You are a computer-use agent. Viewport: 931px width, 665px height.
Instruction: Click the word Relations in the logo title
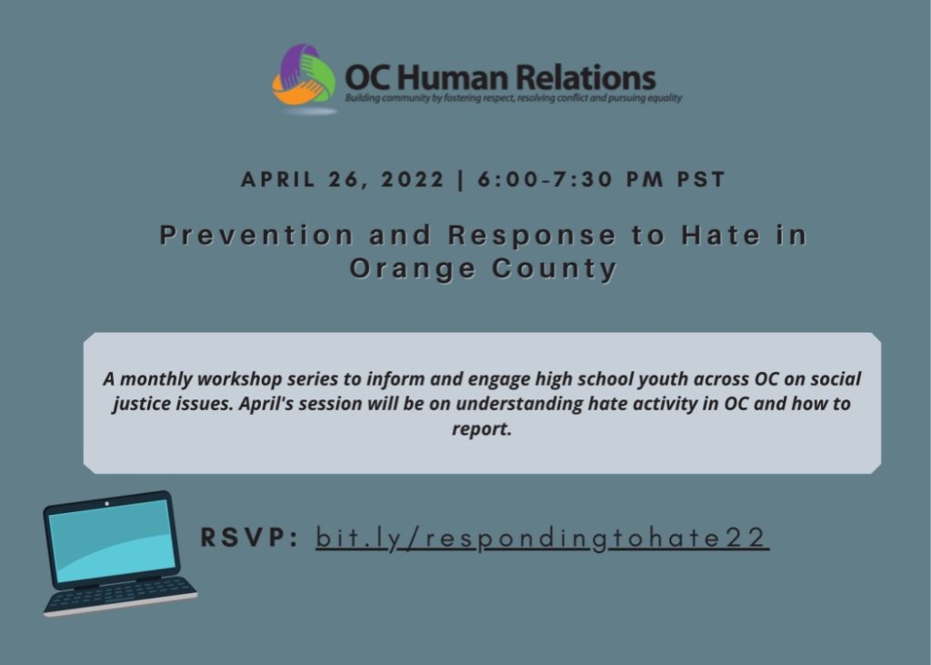[x=585, y=78]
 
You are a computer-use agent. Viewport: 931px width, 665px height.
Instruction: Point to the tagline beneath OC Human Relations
[x=514, y=98]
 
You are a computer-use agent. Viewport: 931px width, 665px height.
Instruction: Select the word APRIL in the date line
[x=278, y=179]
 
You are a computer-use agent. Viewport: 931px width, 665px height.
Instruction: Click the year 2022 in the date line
[x=413, y=179]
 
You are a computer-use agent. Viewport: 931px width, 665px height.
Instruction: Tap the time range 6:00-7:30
[x=545, y=179]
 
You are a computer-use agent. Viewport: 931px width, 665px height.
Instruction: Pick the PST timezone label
[x=701, y=179]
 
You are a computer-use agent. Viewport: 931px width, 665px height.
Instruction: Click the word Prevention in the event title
[x=256, y=236]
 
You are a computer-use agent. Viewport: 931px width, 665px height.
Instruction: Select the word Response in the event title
[x=532, y=236]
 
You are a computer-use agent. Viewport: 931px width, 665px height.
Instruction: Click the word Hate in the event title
[x=721, y=236]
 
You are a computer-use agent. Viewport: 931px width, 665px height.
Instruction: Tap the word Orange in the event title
[x=413, y=269]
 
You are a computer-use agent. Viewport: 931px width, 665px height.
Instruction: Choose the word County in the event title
[x=555, y=269]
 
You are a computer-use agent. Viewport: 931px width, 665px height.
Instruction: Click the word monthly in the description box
[x=156, y=379]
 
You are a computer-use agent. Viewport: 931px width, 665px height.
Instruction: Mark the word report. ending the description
[x=482, y=429]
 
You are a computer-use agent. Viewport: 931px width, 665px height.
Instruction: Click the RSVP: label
[x=249, y=538]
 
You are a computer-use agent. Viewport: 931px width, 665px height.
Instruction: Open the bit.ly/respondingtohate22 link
[x=542, y=539]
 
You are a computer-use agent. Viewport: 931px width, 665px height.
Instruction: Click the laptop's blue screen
[x=112, y=540]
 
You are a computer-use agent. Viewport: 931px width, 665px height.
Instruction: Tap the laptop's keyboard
[x=121, y=595]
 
